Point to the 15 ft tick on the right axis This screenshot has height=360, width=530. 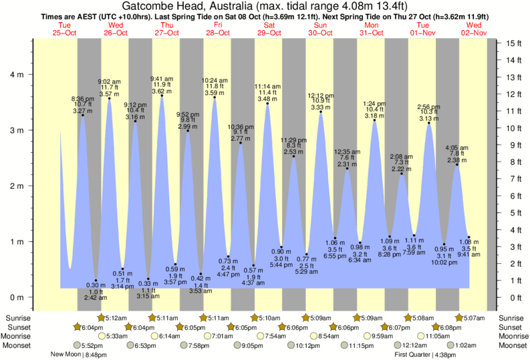(x=513, y=43)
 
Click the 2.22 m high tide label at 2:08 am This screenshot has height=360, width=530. (x=401, y=170)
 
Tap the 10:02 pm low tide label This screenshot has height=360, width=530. (x=443, y=262)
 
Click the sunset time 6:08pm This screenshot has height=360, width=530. (x=448, y=327)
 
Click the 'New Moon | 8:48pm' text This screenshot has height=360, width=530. (x=80, y=355)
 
